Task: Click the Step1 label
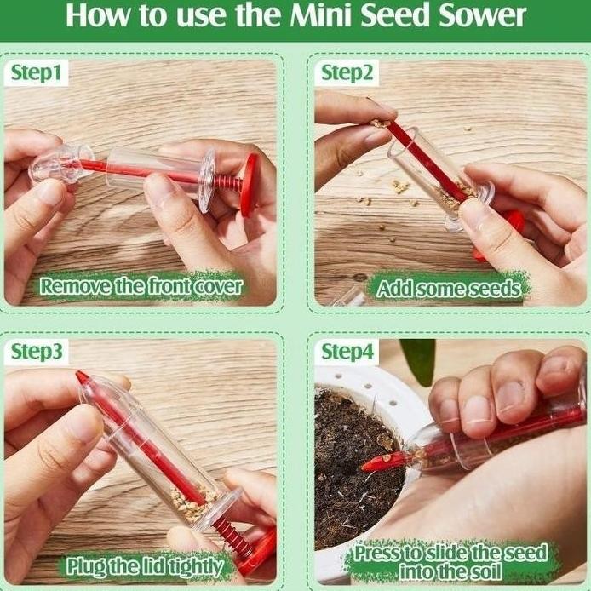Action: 36,72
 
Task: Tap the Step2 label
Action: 347,72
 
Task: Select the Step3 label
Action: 37,352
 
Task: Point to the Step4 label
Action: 347,352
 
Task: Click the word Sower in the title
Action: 481,15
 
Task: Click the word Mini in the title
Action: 321,15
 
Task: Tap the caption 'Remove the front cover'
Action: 141,286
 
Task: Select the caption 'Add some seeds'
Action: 449,289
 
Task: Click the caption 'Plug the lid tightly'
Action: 145,565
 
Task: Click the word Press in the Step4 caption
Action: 378,554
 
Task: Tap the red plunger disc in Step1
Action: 250,185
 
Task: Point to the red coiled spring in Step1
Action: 228,183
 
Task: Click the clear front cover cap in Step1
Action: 61,164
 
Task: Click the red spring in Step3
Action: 233,535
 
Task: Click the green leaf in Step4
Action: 419,360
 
